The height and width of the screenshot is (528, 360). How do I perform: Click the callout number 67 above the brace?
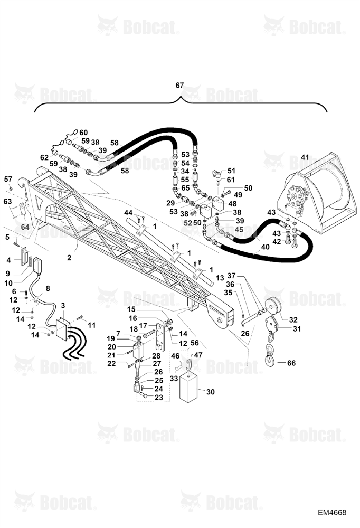[x=179, y=85]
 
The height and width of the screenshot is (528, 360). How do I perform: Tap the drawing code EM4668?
[x=331, y=512]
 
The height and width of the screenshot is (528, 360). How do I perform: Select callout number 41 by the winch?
[x=305, y=157]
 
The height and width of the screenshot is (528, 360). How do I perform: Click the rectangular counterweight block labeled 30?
[x=188, y=388]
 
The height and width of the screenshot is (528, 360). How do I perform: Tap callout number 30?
[x=210, y=392]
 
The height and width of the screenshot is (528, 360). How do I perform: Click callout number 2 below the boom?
[x=69, y=258]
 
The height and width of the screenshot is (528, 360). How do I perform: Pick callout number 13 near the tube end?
[x=220, y=278]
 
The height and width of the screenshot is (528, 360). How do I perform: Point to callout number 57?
[x=8, y=179]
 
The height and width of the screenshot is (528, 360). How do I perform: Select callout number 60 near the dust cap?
[x=83, y=133]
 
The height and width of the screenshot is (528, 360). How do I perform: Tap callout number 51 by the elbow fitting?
[x=231, y=171]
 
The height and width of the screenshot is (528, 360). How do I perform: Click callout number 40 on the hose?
[x=266, y=247]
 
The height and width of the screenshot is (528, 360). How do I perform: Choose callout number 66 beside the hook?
[x=291, y=363]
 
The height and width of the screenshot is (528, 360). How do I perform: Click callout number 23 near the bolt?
[x=158, y=398]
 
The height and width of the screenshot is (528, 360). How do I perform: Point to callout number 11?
[x=92, y=325]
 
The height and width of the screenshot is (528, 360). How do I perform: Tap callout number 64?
[x=25, y=227]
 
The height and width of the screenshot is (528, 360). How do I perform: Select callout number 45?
[x=239, y=230]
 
